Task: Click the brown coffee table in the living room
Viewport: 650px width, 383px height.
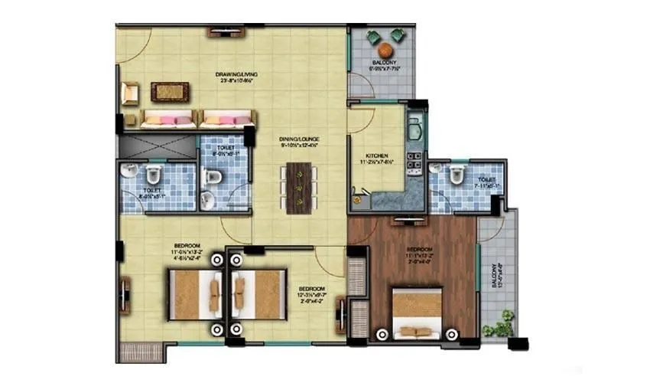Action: pos(166,92)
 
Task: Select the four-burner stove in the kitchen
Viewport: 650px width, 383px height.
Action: pos(414,160)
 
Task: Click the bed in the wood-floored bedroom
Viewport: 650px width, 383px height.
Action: pos(417,313)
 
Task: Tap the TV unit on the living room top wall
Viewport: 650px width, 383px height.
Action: pos(223,33)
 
